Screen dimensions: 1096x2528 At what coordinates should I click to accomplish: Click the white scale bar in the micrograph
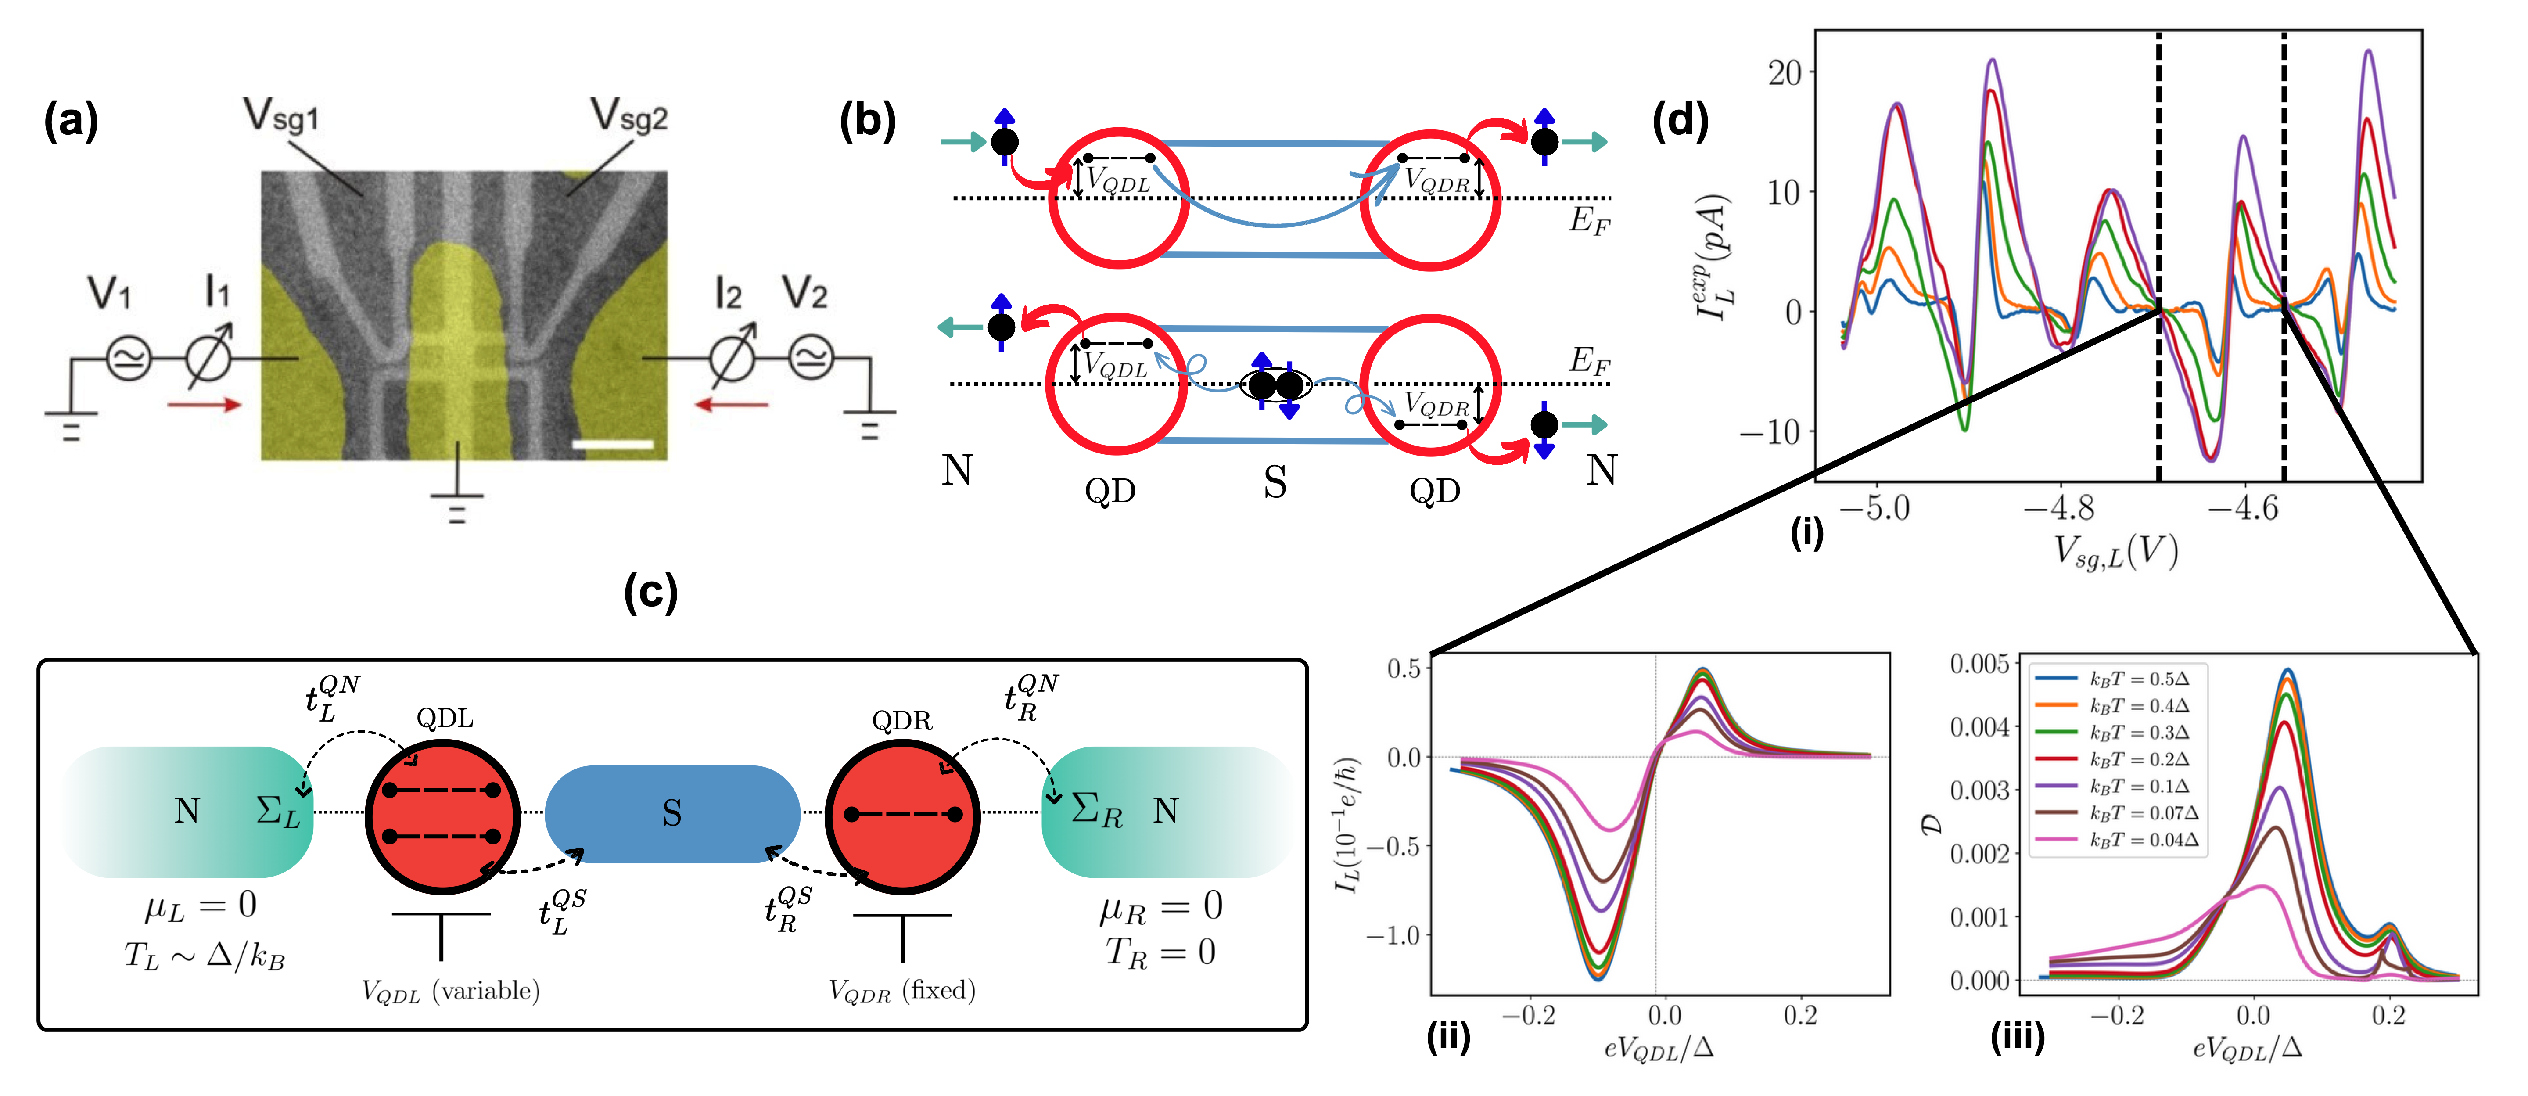point(612,445)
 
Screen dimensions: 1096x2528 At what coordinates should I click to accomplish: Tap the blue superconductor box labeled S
point(672,812)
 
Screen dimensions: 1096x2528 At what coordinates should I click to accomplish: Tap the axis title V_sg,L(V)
point(2117,553)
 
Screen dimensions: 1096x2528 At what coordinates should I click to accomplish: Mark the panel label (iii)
point(2017,1036)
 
